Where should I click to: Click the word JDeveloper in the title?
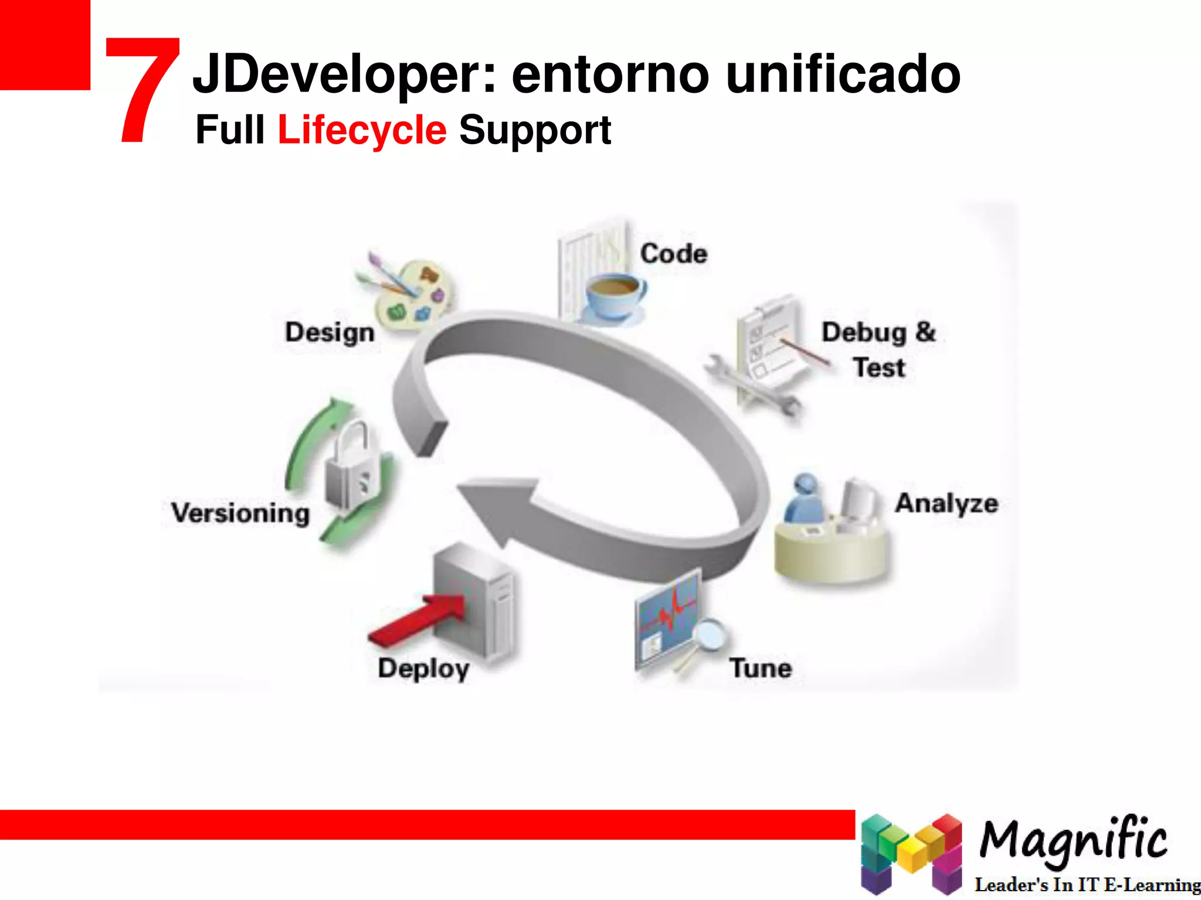point(344,75)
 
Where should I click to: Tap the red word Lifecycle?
point(362,129)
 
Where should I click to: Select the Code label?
point(674,254)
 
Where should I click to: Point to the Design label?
point(330,332)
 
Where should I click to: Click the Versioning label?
point(240,513)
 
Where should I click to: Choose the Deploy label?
point(423,669)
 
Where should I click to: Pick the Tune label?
point(761,668)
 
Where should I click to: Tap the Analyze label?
point(946,503)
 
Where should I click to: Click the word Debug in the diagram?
point(864,333)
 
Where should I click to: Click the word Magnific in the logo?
point(1073,839)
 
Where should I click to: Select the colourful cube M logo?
point(911,853)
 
